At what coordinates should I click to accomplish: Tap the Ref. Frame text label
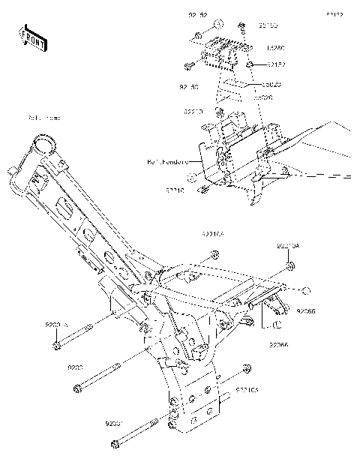tap(43, 118)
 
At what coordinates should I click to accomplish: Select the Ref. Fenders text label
tap(166, 160)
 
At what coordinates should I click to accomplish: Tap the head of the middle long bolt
tap(77, 388)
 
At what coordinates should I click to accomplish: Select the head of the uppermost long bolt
tap(57, 346)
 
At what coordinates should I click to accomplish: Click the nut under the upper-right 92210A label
tap(289, 264)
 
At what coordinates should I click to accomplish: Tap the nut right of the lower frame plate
tap(245, 367)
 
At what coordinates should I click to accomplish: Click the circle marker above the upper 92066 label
tap(305, 289)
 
